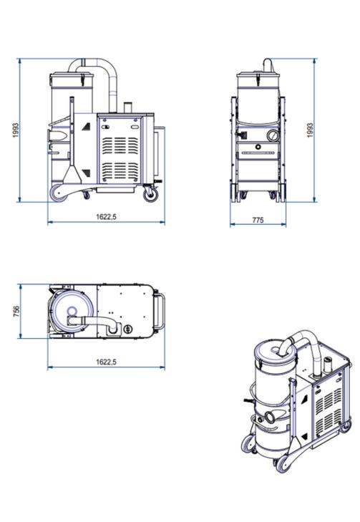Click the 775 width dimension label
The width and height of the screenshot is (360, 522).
pyautogui.click(x=258, y=220)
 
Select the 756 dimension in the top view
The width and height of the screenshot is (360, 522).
pyautogui.click(x=16, y=311)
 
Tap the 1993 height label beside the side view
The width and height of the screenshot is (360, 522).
pyautogui.click(x=16, y=130)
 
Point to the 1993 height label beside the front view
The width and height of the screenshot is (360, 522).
pyautogui.click(x=310, y=130)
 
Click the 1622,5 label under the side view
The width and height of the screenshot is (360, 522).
pyautogui.click(x=107, y=216)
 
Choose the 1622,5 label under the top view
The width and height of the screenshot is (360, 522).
pyautogui.click(x=107, y=362)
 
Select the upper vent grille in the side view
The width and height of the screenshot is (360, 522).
pyautogui.click(x=120, y=145)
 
